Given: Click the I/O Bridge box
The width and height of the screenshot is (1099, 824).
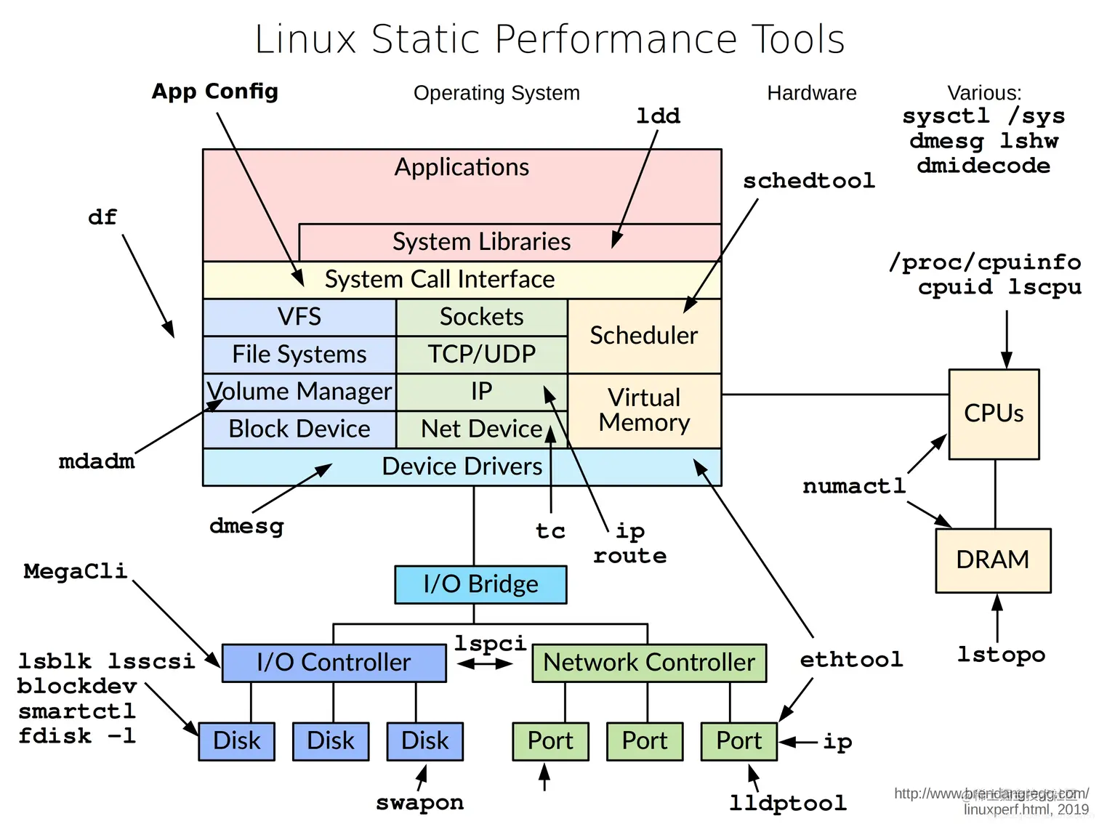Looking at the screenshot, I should [480, 584].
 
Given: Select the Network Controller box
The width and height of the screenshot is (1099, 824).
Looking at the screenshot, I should [649, 663].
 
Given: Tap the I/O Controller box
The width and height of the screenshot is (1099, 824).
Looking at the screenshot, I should [334, 663].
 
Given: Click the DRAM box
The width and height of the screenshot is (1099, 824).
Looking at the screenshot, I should [993, 560].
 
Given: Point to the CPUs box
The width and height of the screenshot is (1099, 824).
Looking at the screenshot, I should [994, 413].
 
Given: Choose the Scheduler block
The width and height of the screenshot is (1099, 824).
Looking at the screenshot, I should [644, 336].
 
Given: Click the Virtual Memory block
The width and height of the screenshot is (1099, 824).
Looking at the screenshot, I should [644, 411].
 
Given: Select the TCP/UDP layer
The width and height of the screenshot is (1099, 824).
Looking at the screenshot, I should [481, 355].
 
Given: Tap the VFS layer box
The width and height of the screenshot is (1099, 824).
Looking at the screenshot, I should [299, 317].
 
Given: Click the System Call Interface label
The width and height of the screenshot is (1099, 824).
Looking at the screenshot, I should [440, 280].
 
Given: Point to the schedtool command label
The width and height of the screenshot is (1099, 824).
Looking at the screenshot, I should [808, 181].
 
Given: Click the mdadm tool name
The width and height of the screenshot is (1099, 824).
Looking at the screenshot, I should [97, 461].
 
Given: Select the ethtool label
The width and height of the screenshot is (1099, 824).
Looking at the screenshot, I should [851, 660].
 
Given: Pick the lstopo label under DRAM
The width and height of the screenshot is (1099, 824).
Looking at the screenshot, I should [1001, 655].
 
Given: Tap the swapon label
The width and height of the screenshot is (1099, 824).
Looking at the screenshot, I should [419, 802].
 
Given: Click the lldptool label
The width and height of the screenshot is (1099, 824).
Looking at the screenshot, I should [788, 803].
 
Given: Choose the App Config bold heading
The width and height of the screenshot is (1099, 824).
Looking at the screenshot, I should [215, 92].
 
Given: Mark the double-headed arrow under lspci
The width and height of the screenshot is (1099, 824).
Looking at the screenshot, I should [485, 663].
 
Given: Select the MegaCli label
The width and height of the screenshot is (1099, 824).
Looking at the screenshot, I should [75, 571].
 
